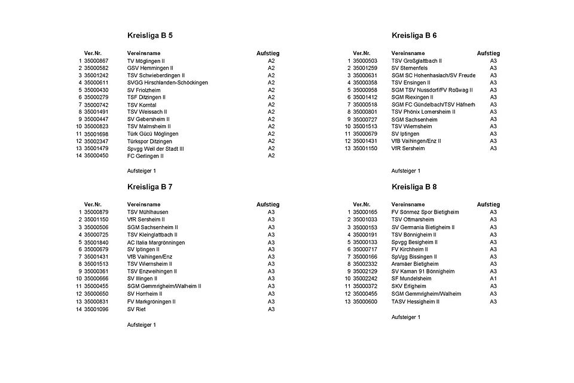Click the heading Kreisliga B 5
[150, 35]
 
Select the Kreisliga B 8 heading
[414, 187]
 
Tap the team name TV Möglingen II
[146, 61]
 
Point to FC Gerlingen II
[145, 156]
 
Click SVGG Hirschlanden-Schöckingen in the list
[167, 83]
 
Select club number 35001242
[96, 75]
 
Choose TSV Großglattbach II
[416, 61]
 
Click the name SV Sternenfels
[410, 68]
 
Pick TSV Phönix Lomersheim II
[423, 112]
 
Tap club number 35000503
[365, 61]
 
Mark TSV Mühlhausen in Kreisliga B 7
[148, 212]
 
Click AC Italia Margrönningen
[156, 242]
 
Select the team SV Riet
[137, 309]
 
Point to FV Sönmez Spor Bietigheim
[426, 212]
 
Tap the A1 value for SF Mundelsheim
[493, 279]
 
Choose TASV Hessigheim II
[415, 302]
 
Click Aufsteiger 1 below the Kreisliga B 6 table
[406, 171]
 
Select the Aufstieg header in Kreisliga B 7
[268, 205]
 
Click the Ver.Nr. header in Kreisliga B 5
[93, 53]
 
